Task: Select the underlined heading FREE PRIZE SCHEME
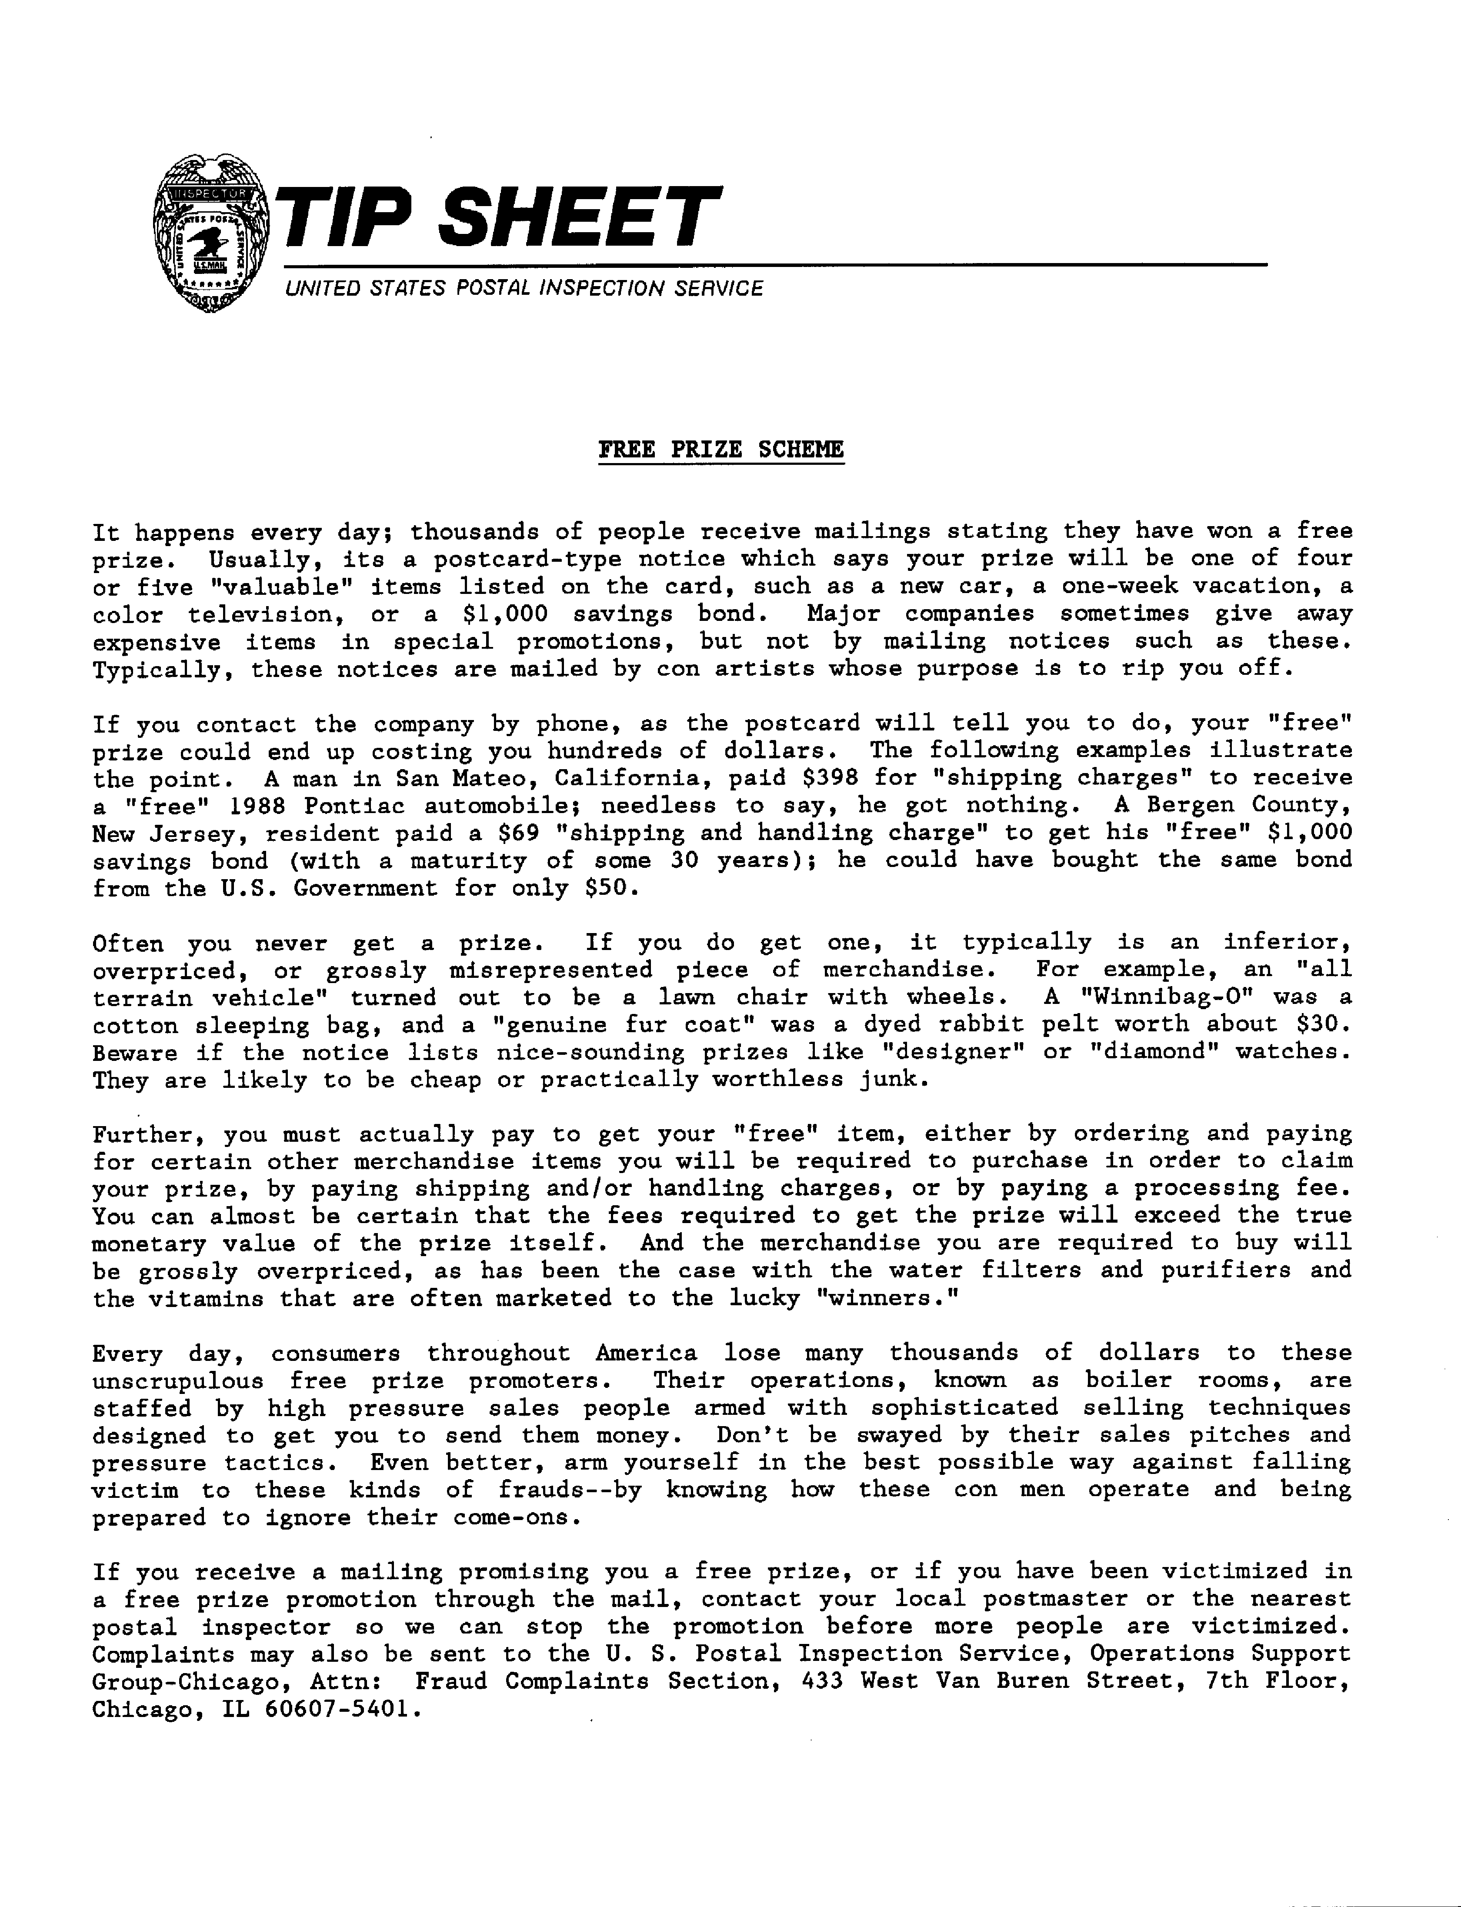point(721,450)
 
